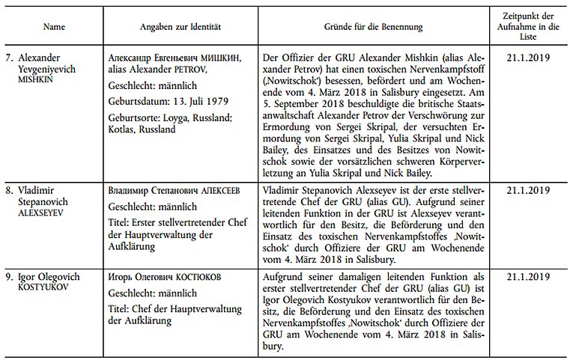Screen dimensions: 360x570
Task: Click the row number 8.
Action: coord(10,190)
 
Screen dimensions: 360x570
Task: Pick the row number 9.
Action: coord(10,277)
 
